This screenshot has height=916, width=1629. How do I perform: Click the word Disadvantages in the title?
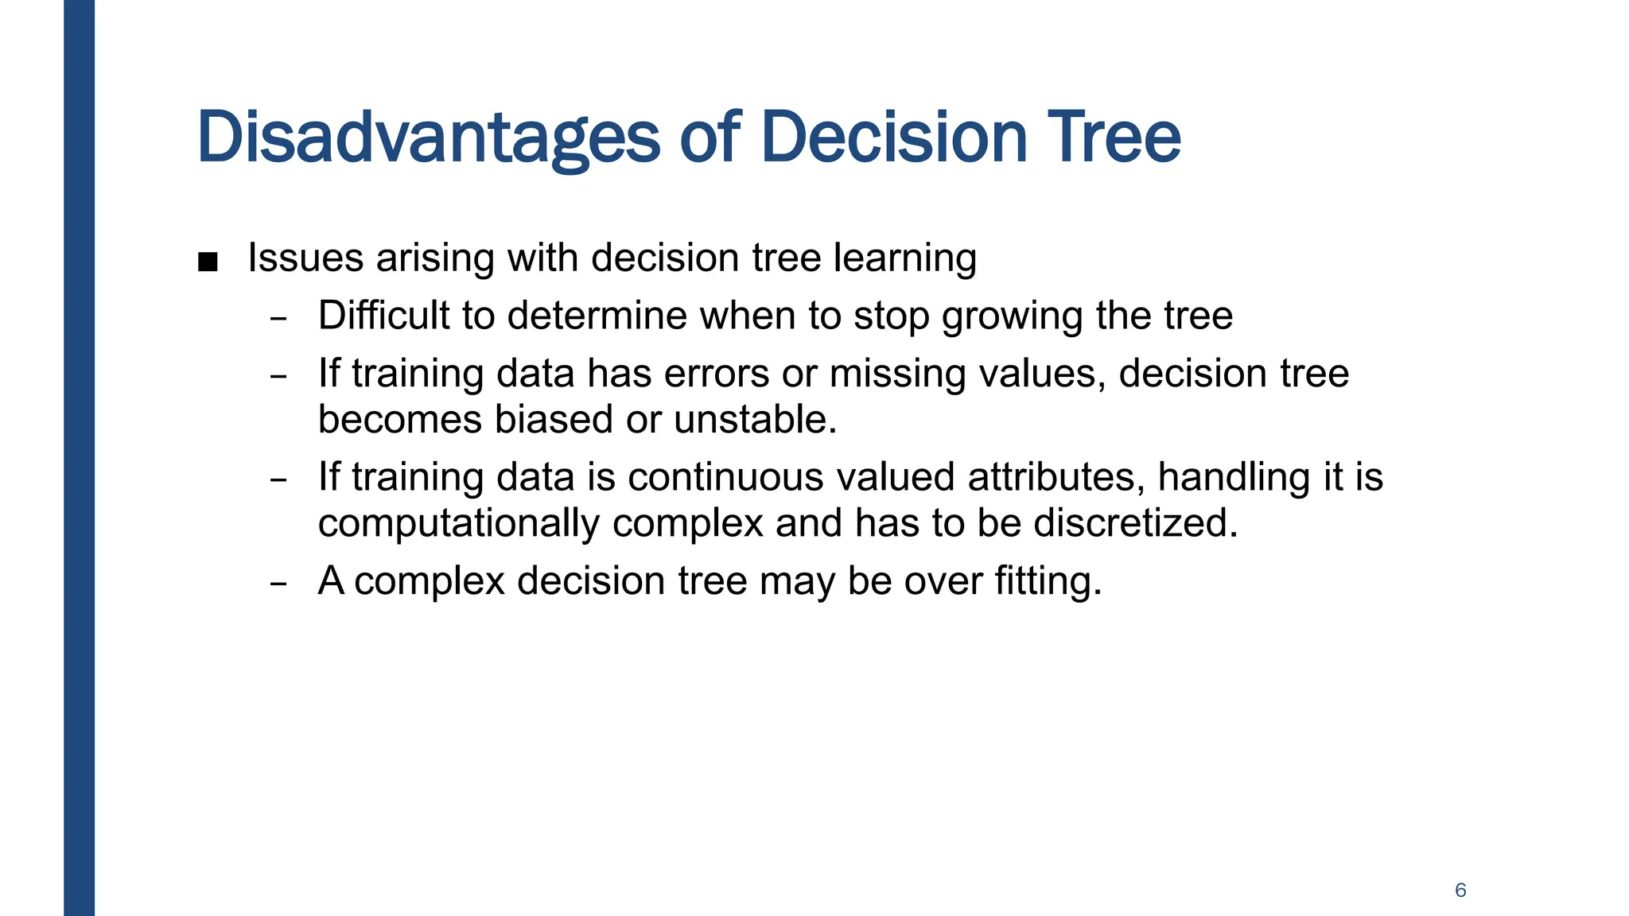(x=428, y=138)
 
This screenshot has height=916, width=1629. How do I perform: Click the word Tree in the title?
(x=1114, y=137)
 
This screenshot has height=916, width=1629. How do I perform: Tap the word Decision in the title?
(x=894, y=137)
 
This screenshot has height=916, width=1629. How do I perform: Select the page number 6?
(x=1460, y=890)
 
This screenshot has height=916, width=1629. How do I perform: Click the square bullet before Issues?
(x=208, y=262)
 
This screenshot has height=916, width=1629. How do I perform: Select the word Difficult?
(x=383, y=316)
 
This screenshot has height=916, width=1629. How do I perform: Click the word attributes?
(x=1056, y=477)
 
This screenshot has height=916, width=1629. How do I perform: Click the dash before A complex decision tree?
(x=278, y=583)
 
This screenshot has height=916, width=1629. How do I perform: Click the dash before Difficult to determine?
(x=278, y=318)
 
